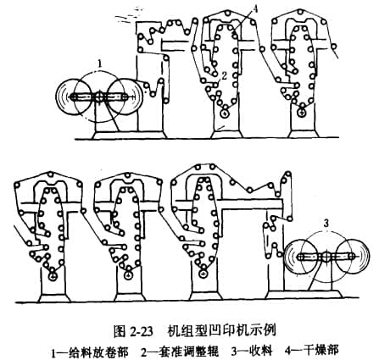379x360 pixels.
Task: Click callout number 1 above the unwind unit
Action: point(99,64)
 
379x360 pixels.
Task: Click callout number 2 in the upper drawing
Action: point(224,75)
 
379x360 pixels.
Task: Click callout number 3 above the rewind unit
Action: point(326,224)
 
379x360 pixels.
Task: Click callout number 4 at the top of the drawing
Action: point(254,8)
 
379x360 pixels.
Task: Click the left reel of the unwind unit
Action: point(73,97)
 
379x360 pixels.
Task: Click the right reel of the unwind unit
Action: point(125,97)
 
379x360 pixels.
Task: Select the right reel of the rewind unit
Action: point(352,257)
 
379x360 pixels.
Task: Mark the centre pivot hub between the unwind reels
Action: point(99,97)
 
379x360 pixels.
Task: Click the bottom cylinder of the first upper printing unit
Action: point(225,114)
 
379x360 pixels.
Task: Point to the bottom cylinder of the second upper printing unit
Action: point(302,114)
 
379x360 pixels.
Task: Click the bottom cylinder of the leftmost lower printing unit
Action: point(53,276)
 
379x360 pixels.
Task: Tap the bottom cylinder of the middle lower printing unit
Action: point(128,274)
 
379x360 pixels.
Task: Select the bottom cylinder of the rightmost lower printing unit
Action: point(203,274)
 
